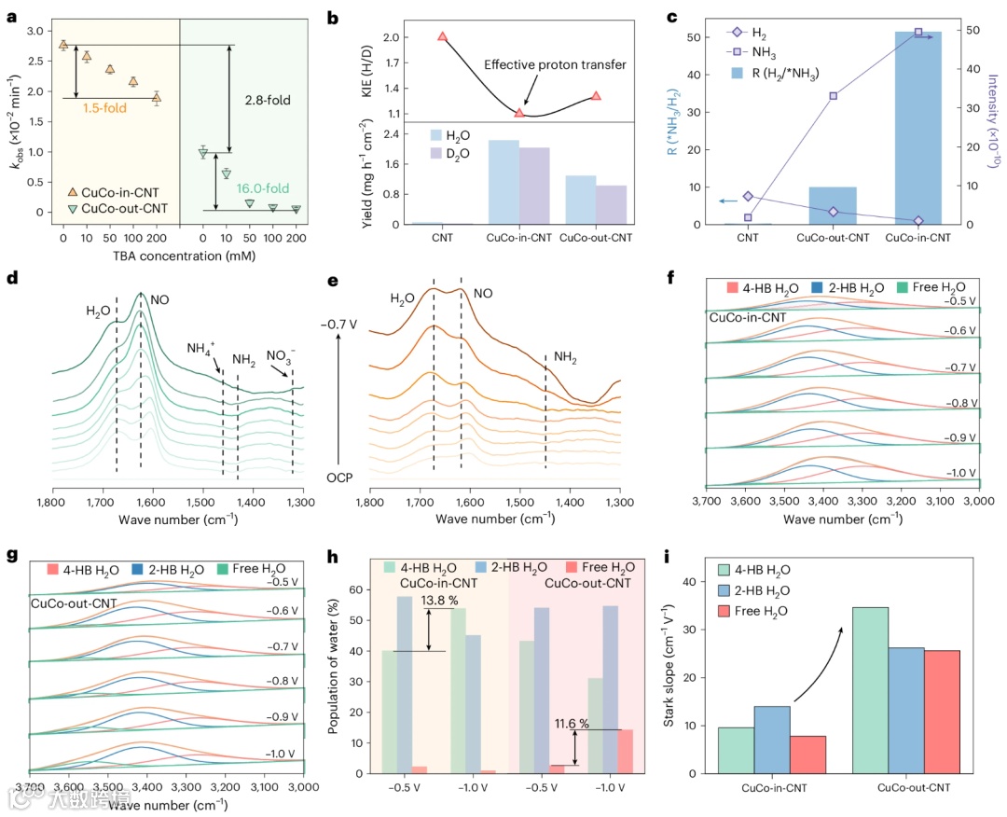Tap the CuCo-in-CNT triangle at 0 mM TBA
[x=63, y=44]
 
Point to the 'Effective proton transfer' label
[x=555, y=64]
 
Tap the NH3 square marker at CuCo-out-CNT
[x=833, y=96]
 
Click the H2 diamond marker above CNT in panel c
[x=748, y=196]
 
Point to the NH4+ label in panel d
[x=202, y=349]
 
